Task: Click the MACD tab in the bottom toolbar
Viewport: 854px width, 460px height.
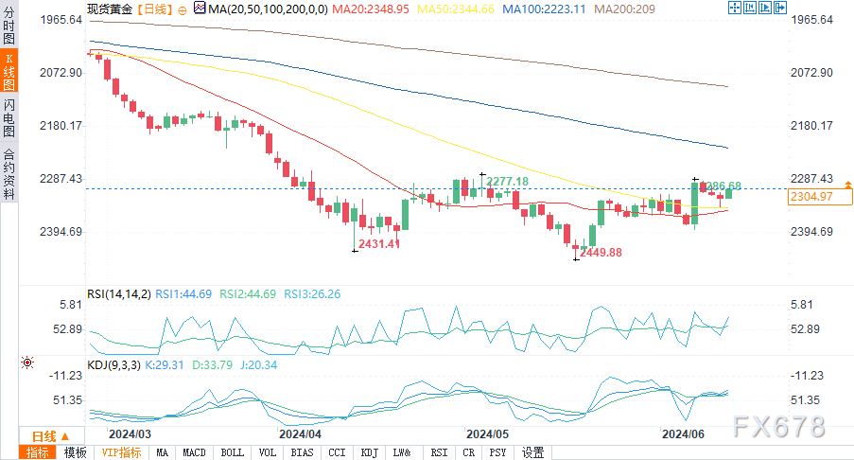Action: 195,452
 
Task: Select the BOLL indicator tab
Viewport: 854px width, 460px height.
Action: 231,452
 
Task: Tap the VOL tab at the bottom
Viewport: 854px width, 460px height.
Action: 268,452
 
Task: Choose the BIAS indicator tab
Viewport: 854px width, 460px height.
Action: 303,452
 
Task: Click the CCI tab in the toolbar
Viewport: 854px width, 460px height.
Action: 338,452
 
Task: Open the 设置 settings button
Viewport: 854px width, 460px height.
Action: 533,452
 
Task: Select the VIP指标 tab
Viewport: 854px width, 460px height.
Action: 121,452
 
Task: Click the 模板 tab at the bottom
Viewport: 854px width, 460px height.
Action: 75,452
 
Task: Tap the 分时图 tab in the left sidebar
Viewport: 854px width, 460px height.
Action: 9,28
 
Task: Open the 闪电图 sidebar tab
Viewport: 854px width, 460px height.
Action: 9,117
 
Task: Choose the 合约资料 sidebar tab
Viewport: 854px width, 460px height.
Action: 9,175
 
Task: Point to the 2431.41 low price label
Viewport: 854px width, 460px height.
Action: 379,244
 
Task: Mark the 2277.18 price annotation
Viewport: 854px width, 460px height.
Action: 508,181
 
